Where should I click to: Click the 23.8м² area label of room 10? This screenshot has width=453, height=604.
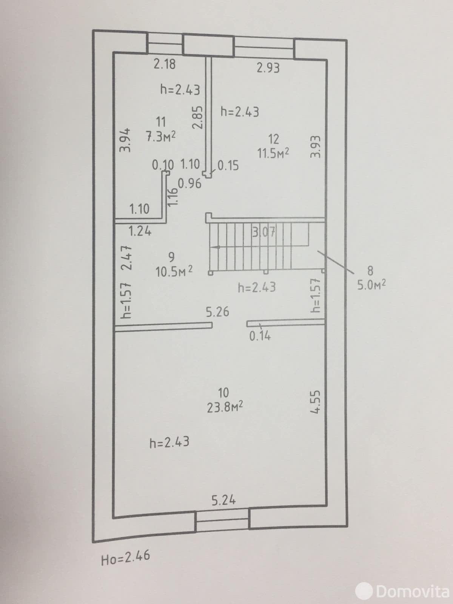pyautogui.click(x=225, y=407)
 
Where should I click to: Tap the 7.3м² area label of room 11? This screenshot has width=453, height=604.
pyautogui.click(x=161, y=136)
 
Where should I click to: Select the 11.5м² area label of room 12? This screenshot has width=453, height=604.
pyautogui.click(x=273, y=153)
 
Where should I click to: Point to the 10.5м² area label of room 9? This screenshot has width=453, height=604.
pyautogui.click(x=174, y=271)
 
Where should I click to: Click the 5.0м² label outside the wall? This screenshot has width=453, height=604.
pyautogui.click(x=371, y=285)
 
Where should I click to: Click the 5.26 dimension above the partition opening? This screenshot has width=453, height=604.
pyautogui.click(x=217, y=312)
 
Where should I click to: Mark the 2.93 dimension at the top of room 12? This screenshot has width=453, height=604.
pyautogui.click(x=268, y=68)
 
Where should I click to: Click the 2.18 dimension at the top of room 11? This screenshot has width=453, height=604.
pyautogui.click(x=165, y=64)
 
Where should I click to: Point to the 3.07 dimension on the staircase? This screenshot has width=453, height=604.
pyautogui.click(x=264, y=233)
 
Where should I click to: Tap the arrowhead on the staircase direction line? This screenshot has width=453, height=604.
pyautogui.click(x=216, y=247)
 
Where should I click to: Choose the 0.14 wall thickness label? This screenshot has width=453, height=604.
pyautogui.click(x=260, y=336)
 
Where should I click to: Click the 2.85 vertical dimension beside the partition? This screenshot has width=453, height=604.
pyautogui.click(x=198, y=117)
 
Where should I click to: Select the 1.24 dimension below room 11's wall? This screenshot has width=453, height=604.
pyautogui.click(x=140, y=231)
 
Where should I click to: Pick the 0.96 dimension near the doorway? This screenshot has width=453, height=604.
pyautogui.click(x=190, y=183)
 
